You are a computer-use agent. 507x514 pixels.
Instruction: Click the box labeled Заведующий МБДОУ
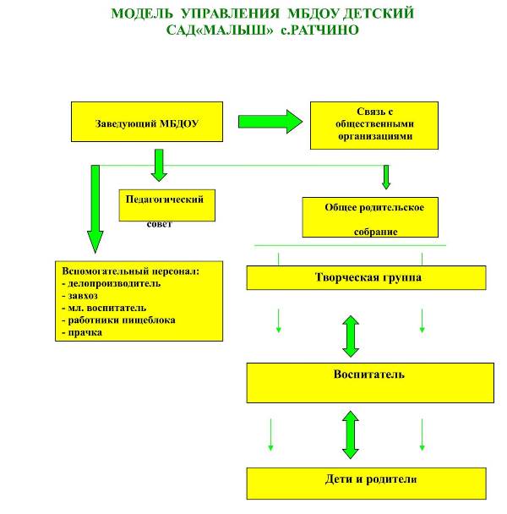[147, 122]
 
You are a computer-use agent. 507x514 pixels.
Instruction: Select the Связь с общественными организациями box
[374, 125]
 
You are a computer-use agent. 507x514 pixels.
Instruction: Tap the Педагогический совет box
[166, 205]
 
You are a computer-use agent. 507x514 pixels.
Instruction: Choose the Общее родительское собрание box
[370, 217]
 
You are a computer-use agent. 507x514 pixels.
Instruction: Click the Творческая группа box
[366, 277]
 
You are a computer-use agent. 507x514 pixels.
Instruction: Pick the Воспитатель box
[370, 383]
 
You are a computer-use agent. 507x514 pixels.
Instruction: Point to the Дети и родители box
[366, 484]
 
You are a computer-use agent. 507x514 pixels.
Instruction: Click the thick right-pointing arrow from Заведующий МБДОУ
[270, 122]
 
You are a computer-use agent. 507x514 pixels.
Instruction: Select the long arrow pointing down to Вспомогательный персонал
[95, 209]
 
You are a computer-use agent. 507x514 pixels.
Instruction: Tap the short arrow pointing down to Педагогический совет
[159, 165]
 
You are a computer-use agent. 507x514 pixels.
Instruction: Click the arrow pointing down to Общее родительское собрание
[386, 177]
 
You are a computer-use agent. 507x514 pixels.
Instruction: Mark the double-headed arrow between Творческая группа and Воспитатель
[351, 336]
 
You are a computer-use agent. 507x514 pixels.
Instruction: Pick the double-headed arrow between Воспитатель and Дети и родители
[351, 435]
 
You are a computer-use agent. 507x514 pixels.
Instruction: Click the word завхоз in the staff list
[83, 296]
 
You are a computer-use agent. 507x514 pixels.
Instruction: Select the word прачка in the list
[84, 333]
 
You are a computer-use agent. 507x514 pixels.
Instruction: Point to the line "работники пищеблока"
[122, 320]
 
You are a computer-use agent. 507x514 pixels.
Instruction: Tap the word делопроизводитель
[114, 283]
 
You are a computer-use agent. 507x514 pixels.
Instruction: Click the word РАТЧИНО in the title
[324, 30]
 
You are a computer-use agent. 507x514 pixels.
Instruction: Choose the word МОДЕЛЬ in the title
[142, 14]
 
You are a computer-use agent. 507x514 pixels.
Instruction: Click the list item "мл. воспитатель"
[106, 308]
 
